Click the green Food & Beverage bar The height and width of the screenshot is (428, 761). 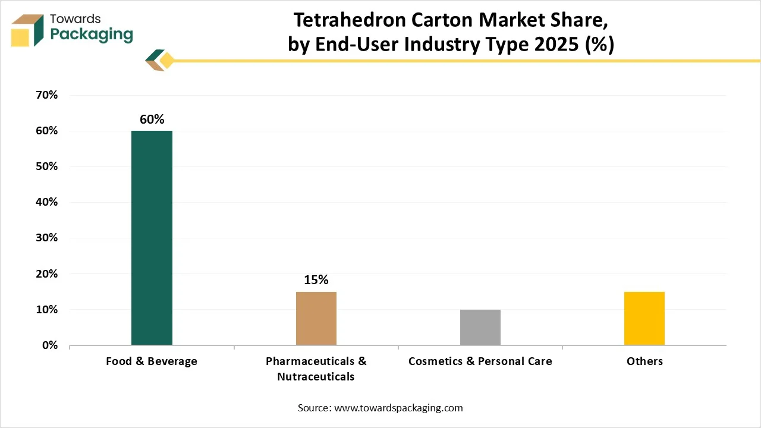[x=152, y=238]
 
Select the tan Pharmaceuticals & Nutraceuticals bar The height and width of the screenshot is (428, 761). [x=316, y=318]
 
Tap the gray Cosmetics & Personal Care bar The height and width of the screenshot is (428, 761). [x=480, y=327]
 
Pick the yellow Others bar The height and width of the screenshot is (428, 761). [x=644, y=318]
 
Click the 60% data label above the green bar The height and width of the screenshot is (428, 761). [x=152, y=119]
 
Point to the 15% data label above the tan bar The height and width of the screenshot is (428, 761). [x=316, y=280]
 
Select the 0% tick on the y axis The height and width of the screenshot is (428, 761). [x=49, y=345]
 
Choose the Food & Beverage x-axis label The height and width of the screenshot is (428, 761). [x=152, y=361]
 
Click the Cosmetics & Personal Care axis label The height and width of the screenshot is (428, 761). [x=480, y=361]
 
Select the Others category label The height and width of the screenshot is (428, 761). [x=644, y=361]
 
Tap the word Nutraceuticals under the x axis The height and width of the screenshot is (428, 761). [x=316, y=377]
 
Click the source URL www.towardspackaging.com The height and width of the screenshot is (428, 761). [x=398, y=408]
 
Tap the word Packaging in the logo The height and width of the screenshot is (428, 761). [x=92, y=34]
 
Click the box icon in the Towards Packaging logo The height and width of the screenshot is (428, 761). [x=27, y=30]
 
